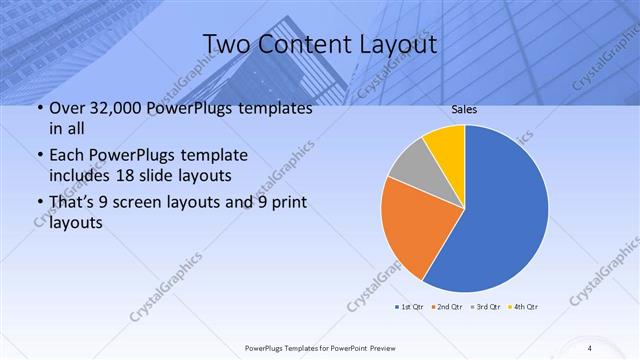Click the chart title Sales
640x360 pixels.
click(463, 110)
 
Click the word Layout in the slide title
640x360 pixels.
click(396, 44)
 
